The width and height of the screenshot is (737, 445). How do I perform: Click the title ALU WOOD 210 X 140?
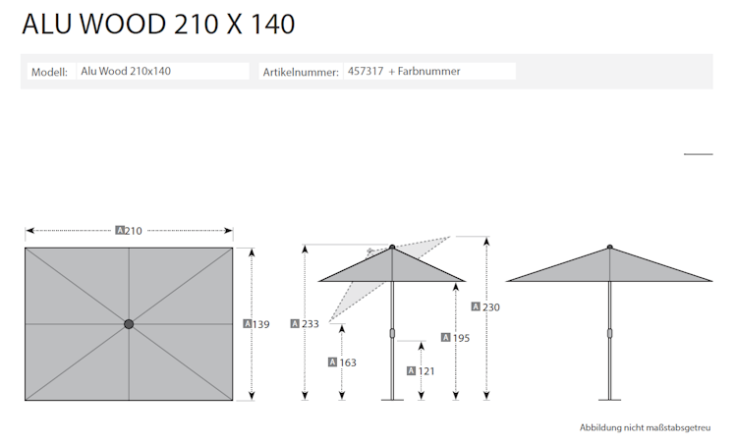point(158,25)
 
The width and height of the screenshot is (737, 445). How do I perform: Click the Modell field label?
point(49,72)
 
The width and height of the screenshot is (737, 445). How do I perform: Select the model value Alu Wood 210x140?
point(126,72)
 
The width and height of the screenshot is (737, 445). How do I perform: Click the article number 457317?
point(366,72)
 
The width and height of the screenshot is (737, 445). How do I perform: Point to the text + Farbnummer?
point(425,72)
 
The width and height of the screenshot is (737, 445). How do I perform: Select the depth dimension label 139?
point(260,324)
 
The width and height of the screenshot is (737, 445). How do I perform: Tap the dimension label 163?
point(346,362)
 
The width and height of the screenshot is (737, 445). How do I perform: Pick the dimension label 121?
point(425,370)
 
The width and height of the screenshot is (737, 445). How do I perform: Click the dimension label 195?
point(459,338)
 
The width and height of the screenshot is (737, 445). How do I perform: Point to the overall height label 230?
point(491,307)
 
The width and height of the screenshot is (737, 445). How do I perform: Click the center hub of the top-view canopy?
point(129,324)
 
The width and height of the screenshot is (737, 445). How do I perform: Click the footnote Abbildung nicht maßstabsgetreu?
point(645,428)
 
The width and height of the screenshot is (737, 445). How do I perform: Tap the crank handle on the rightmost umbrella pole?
point(609,333)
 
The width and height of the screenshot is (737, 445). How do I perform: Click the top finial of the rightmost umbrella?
point(609,247)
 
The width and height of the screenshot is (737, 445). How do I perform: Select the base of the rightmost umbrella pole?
point(609,398)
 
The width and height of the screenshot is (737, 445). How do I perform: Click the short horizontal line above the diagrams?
point(698,154)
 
